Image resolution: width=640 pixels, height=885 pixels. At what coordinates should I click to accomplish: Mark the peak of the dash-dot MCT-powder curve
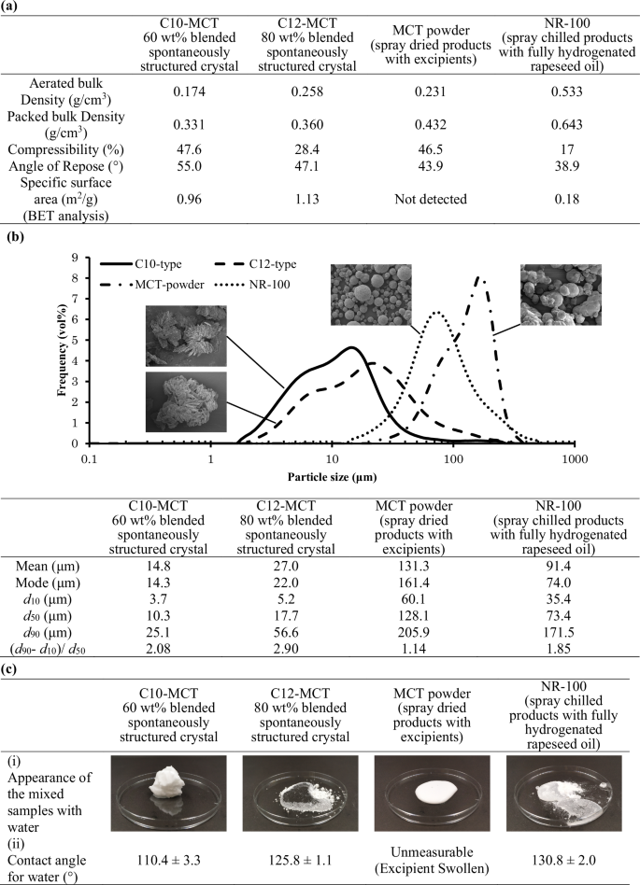480,277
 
